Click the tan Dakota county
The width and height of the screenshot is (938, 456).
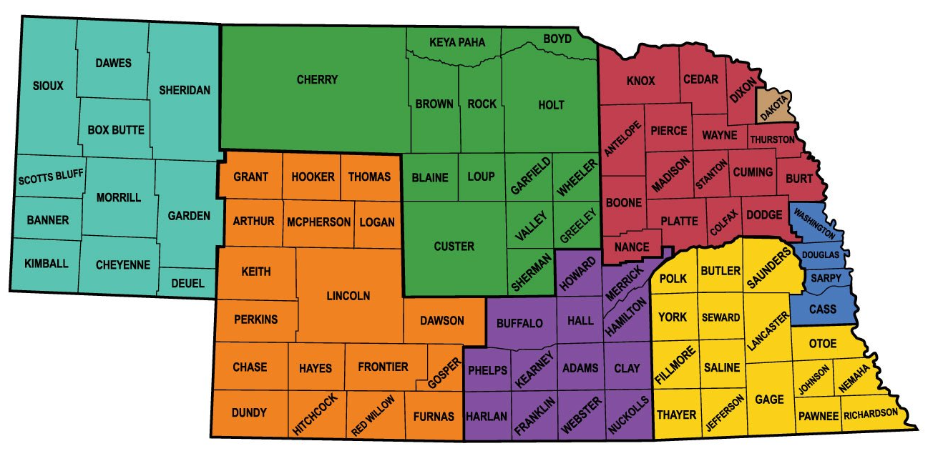click(x=775, y=108)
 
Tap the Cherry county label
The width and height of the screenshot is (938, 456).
click(x=317, y=79)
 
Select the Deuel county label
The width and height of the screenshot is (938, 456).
click(x=187, y=283)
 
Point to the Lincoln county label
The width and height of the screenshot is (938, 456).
click(x=348, y=295)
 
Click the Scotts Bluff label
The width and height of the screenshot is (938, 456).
click(x=51, y=175)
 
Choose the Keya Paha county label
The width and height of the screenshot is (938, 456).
click(x=456, y=42)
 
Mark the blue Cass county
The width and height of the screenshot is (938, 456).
click(x=822, y=309)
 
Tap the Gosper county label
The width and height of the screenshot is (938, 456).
click(x=442, y=374)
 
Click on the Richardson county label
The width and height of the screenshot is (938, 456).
click(x=869, y=415)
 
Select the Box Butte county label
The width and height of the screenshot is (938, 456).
click(x=116, y=130)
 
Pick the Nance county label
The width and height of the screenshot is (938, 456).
click(x=632, y=247)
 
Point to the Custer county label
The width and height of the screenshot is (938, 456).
click(x=454, y=247)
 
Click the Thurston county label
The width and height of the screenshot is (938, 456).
click(x=772, y=139)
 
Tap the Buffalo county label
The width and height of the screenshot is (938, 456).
click(x=519, y=323)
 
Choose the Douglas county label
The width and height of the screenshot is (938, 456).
click(x=820, y=254)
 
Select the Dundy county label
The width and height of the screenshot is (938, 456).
click(x=249, y=412)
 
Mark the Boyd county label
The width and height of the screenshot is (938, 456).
click(x=557, y=39)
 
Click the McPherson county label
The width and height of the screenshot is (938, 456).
click(x=318, y=222)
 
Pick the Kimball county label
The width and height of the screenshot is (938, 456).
click(x=47, y=263)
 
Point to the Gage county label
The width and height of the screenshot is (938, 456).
click(x=769, y=399)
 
